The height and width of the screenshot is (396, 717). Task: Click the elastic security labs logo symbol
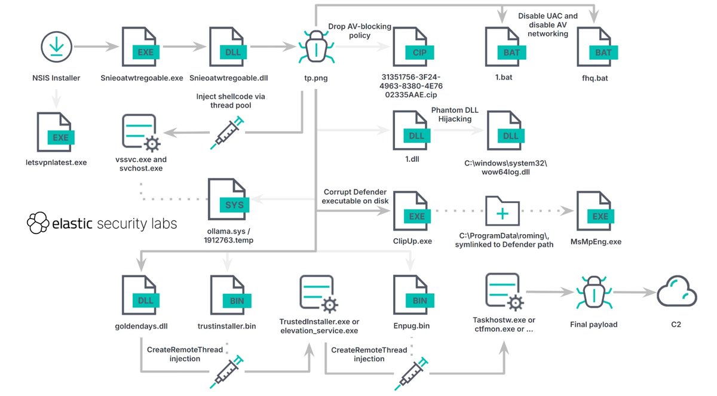(x=38, y=223)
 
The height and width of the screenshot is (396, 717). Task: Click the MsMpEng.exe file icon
(x=595, y=213)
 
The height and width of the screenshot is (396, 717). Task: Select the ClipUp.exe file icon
(x=412, y=213)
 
